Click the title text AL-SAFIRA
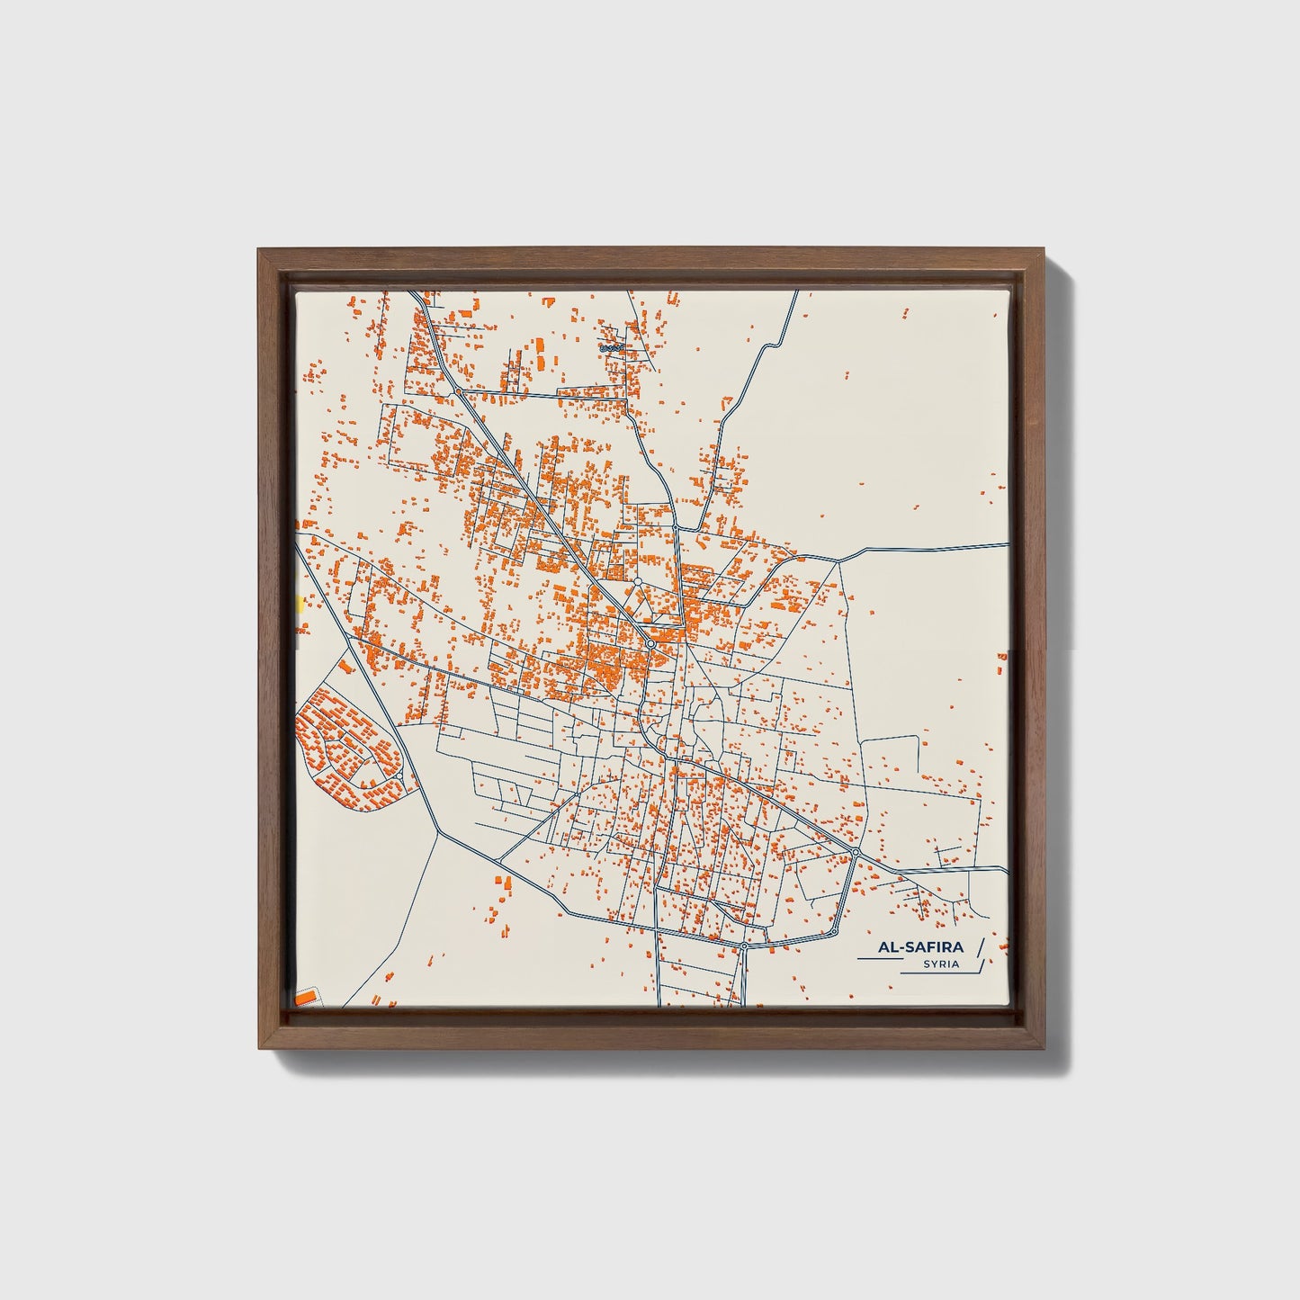pos(923,947)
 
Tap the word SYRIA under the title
pos(940,964)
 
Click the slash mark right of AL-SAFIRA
pos(980,947)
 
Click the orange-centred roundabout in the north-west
pos(458,392)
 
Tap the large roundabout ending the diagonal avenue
pos(650,644)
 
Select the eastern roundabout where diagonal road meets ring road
pos(856,851)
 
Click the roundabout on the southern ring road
pos(745,946)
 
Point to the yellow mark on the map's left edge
pos(299,604)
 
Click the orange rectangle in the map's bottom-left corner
pos(308,997)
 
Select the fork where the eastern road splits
pos(838,561)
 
